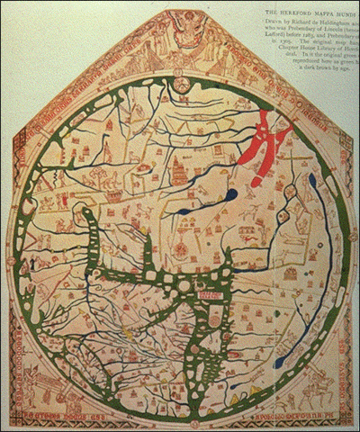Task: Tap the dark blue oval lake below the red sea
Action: coord(230,195)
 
